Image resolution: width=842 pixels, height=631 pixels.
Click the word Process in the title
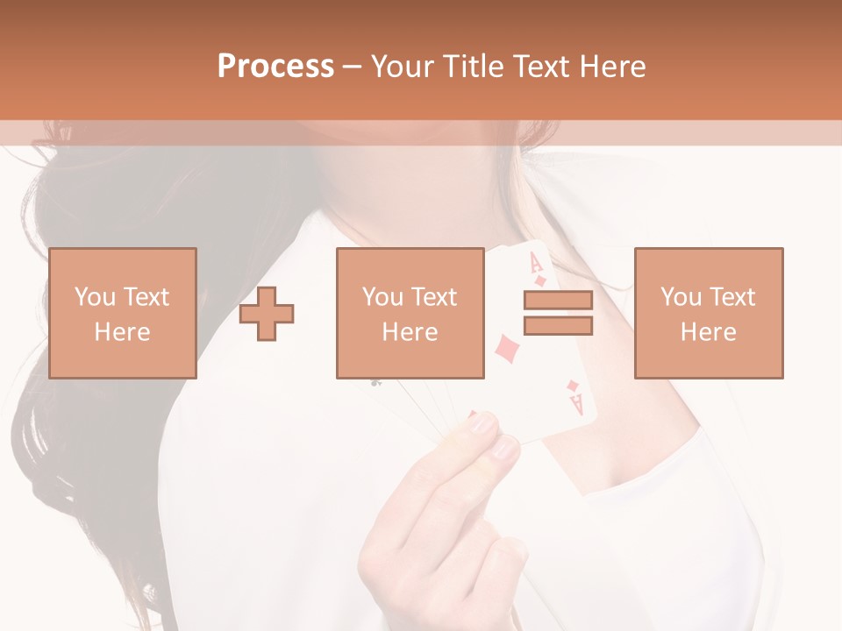point(275,67)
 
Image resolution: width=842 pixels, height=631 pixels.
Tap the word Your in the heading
point(403,67)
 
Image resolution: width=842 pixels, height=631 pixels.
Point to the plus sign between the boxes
point(267,314)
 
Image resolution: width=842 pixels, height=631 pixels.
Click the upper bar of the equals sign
point(558,301)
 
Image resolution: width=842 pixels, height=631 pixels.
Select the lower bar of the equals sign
point(558,325)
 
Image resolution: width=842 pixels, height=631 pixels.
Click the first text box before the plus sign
point(122,313)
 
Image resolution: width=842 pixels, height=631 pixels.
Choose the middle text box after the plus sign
point(410,313)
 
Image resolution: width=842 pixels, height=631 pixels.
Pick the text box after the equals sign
point(709,313)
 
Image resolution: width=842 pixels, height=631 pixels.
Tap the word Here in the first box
point(122,331)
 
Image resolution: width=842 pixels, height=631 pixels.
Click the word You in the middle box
point(382,297)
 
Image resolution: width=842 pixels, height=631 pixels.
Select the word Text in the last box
point(733,297)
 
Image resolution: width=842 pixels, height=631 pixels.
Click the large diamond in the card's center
point(506,349)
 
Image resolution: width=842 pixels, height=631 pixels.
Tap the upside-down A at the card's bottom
point(576,404)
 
